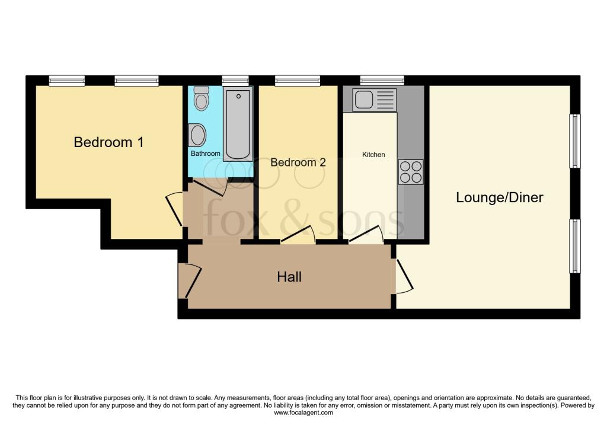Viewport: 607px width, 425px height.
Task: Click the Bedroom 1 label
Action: tap(108, 142)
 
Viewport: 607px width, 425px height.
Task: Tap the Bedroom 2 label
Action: tap(298, 162)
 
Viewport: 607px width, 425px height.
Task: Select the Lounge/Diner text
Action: tap(499, 197)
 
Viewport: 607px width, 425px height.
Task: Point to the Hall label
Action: tap(289, 277)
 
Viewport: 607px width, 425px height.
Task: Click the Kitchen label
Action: tap(373, 155)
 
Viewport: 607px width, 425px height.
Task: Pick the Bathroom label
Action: tap(205, 154)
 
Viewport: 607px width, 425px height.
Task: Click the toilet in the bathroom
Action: tap(202, 98)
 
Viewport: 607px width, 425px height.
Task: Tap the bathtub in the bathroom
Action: tap(237, 124)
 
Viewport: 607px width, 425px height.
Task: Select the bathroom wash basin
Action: tap(196, 135)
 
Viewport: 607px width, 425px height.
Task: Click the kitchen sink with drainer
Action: tap(374, 100)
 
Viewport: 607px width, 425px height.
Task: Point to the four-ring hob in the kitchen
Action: tap(410, 171)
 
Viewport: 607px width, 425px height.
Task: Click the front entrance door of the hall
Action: tap(191, 282)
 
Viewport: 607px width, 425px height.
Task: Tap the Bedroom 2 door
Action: tap(298, 235)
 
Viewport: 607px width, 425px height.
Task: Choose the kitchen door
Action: tap(366, 235)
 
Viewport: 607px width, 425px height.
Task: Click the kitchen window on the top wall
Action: tap(382, 81)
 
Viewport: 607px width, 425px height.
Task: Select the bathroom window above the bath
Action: tap(235, 81)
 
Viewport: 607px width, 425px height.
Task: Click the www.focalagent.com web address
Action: tap(303, 413)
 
